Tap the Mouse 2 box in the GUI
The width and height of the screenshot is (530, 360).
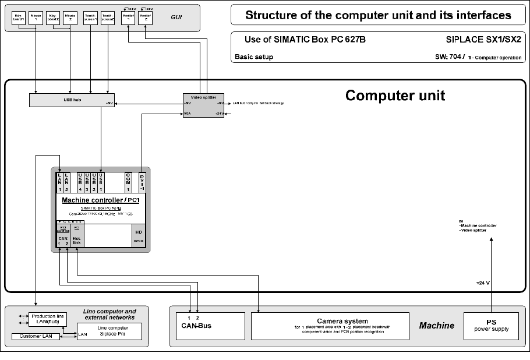70,17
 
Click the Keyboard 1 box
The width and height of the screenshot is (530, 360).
19,17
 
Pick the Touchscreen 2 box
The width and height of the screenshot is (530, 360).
108,17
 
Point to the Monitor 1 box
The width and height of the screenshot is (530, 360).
128,17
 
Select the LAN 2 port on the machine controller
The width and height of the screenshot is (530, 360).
67,182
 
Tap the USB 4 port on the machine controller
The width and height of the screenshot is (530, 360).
80,182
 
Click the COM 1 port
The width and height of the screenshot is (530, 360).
128,182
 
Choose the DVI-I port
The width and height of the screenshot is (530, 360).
142,182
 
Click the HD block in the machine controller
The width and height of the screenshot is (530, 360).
138,235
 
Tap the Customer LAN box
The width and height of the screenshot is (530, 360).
36,337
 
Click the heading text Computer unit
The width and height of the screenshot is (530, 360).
395,96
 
